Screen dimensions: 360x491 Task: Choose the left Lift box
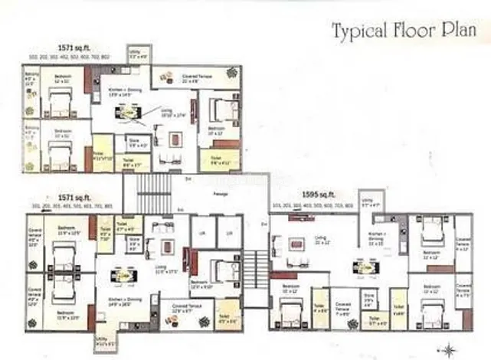pos(202,232)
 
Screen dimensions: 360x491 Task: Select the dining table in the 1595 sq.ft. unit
pos(359,268)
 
